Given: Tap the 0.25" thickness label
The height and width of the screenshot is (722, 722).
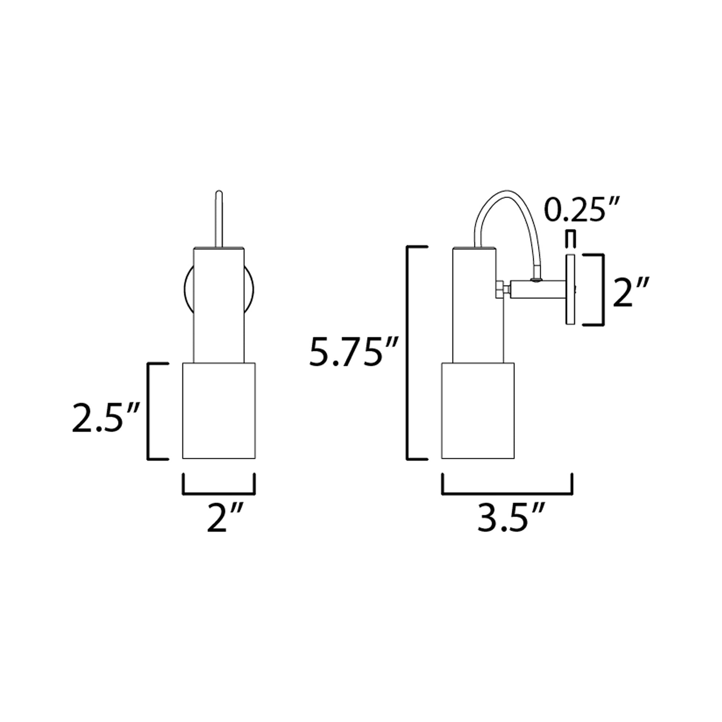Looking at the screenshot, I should click(582, 210).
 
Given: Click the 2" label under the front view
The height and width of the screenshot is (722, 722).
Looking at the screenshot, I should click(225, 518).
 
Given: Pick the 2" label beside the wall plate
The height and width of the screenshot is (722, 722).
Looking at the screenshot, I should click(630, 292).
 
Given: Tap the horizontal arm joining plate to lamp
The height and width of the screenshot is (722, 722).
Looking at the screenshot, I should click(538, 290).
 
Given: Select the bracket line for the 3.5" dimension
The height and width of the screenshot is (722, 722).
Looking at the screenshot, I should click(507, 494).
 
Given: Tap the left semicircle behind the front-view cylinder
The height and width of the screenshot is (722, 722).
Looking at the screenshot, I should click(189, 290).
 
